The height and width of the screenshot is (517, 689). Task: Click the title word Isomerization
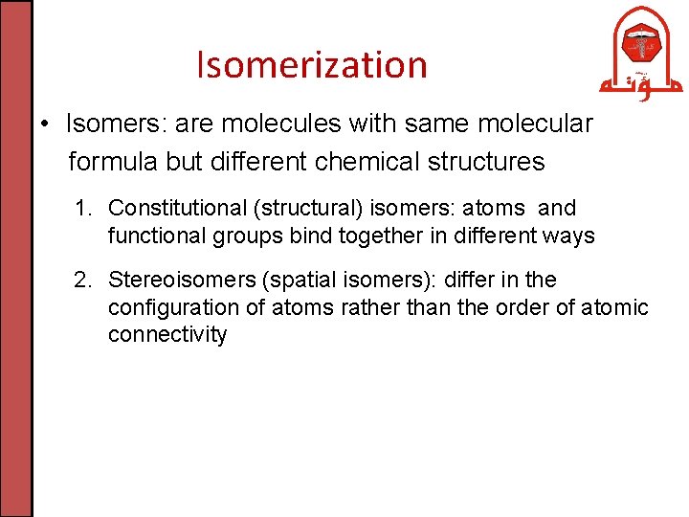[x=311, y=65]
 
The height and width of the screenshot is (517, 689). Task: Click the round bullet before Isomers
[x=45, y=124]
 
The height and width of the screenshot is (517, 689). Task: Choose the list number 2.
[x=82, y=280]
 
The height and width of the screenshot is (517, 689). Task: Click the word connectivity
[x=167, y=335]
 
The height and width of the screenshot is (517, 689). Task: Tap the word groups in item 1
[x=239, y=236]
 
